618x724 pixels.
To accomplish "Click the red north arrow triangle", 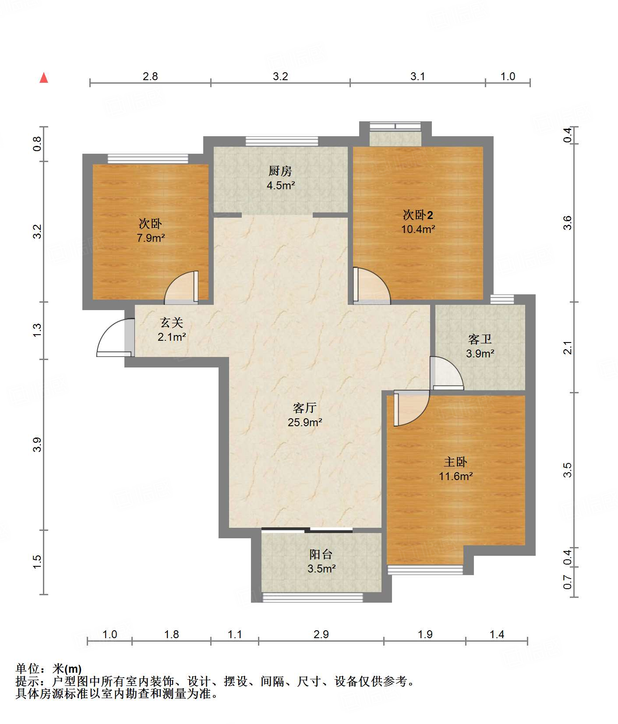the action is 44,78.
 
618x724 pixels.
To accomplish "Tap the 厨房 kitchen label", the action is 280,171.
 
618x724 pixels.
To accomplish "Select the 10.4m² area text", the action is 418,229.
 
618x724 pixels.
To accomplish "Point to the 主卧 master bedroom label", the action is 456,462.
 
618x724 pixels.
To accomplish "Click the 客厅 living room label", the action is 305,408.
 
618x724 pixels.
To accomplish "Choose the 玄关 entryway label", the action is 172,323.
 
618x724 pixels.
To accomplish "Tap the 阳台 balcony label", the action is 321,554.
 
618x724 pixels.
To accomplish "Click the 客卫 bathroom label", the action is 480,339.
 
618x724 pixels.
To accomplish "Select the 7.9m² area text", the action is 151,238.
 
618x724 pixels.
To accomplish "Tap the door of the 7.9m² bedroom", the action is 181,287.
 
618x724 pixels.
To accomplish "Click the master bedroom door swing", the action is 412,409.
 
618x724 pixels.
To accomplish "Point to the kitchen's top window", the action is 282,141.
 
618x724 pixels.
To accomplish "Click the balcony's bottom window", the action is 312,597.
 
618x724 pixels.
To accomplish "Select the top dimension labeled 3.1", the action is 418,77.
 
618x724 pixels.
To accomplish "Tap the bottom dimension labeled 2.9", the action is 321,634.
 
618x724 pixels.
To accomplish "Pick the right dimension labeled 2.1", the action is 568,347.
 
